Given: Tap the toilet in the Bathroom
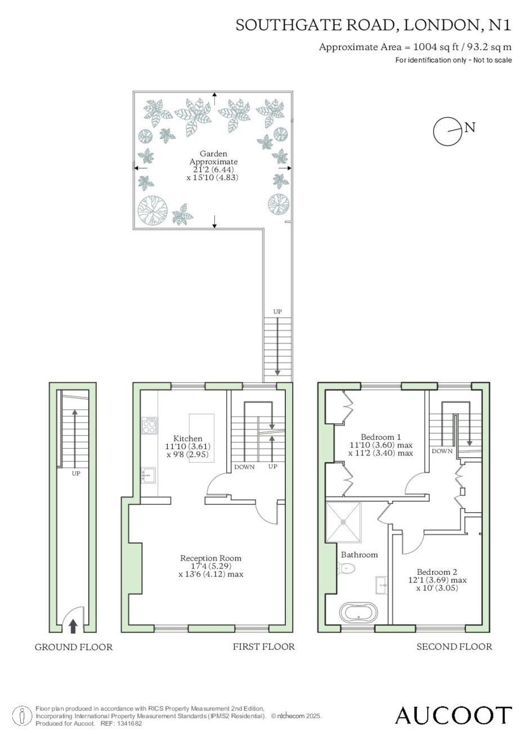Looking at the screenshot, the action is tap(346, 569).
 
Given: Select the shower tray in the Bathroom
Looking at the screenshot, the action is tap(343, 522).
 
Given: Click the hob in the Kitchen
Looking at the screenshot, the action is tap(150, 426).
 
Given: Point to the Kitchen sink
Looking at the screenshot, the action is tap(148, 475).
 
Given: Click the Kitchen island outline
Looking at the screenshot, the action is tap(201, 438).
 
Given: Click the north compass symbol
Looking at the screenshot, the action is tap(448, 131).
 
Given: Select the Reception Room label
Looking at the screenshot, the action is tap(210, 558).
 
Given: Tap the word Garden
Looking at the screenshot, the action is tap(213, 154).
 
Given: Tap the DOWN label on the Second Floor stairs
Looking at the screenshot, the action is tap(442, 451).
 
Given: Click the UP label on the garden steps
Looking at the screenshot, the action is tap(277, 311).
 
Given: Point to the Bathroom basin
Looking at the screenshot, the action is tap(383, 585).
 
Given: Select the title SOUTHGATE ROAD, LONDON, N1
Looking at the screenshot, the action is tap(374, 25).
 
